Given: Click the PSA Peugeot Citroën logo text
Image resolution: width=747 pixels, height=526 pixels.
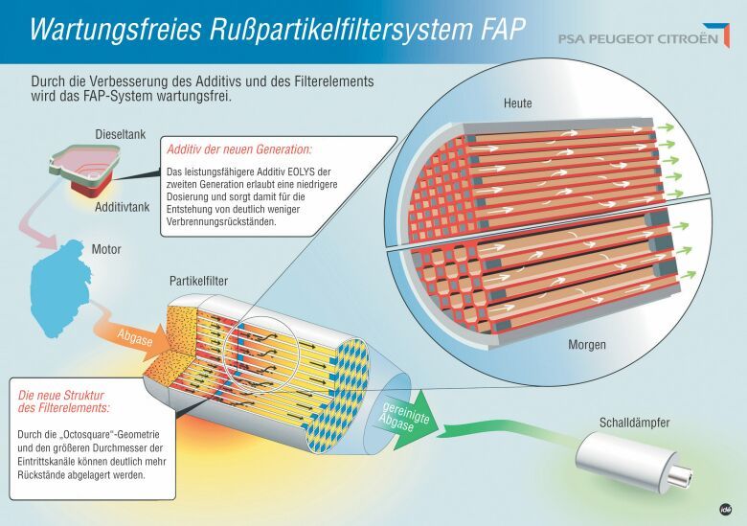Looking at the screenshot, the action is (638, 38).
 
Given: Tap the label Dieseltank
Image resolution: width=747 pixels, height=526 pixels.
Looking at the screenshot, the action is (120, 134).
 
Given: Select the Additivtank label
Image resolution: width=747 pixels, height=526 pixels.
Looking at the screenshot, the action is (122, 207).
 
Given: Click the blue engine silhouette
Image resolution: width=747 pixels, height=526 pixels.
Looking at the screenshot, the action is (59, 288).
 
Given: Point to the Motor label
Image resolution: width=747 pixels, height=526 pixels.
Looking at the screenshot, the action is (106, 249).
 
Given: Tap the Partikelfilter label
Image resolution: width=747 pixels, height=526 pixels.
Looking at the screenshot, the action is (198, 281).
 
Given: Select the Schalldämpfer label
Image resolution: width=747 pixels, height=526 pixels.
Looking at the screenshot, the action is (634, 423).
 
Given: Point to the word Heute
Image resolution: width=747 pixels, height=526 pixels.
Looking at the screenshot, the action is (517, 103).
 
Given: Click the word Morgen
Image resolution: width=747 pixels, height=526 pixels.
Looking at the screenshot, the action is (587, 345).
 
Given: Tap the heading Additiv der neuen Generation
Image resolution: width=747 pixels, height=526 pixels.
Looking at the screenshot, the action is (239, 149).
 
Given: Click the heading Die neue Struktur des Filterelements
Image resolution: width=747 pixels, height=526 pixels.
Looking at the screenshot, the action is (64, 401).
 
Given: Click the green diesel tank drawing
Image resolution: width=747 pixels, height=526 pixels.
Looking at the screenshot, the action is (84, 162).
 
